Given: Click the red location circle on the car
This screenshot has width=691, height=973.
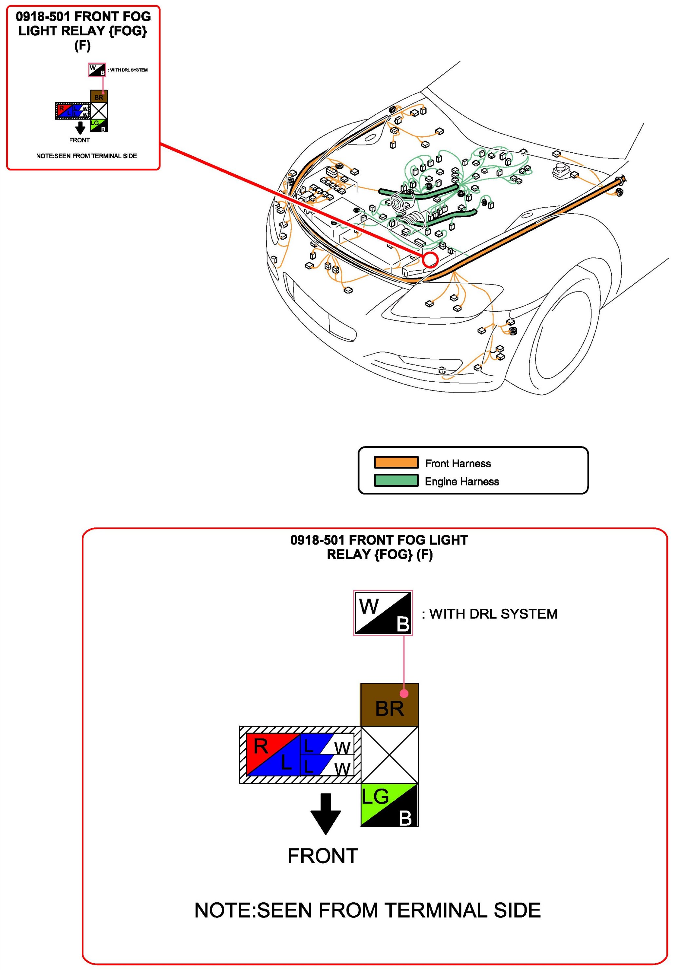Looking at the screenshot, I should [x=430, y=259].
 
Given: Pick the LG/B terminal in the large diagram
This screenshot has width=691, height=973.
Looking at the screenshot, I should [x=389, y=805].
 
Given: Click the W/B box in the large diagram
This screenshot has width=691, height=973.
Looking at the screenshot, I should [x=383, y=613].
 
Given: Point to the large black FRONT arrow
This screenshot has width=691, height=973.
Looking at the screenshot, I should [x=326, y=813].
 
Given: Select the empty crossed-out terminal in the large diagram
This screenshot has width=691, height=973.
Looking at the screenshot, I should [x=389, y=755].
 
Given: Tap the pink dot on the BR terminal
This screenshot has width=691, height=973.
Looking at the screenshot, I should [x=404, y=694].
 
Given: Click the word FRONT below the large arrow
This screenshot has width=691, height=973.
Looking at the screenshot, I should [x=323, y=856].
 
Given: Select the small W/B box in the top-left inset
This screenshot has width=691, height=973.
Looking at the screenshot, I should [x=97, y=70].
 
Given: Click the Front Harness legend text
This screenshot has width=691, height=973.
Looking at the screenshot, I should [x=458, y=463].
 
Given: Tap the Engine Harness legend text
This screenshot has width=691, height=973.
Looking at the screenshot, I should [x=462, y=481].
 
